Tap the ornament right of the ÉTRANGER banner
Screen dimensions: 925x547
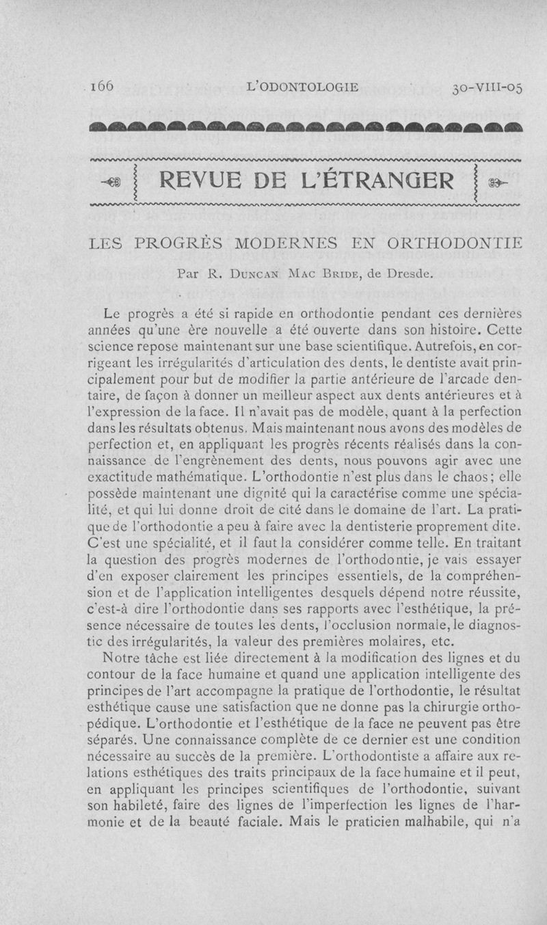tap(500, 183)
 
